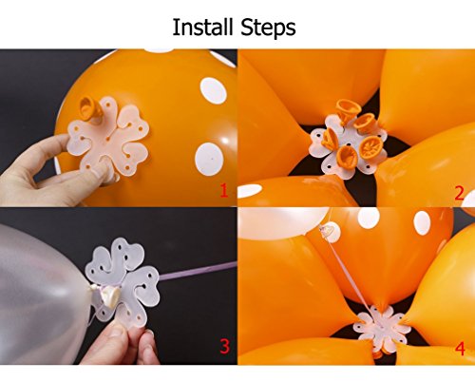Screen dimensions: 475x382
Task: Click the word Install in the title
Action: (202, 27)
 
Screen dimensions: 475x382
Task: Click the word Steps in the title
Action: (268, 28)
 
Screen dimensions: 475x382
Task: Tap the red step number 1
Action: (224, 191)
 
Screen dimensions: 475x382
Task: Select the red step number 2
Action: (459, 193)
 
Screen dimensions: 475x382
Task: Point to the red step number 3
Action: (224, 346)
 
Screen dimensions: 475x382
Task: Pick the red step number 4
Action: (460, 349)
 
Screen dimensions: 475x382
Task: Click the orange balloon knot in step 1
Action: (89, 108)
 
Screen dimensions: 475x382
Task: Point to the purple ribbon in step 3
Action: (197, 271)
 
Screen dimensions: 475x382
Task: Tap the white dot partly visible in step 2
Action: (250, 191)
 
